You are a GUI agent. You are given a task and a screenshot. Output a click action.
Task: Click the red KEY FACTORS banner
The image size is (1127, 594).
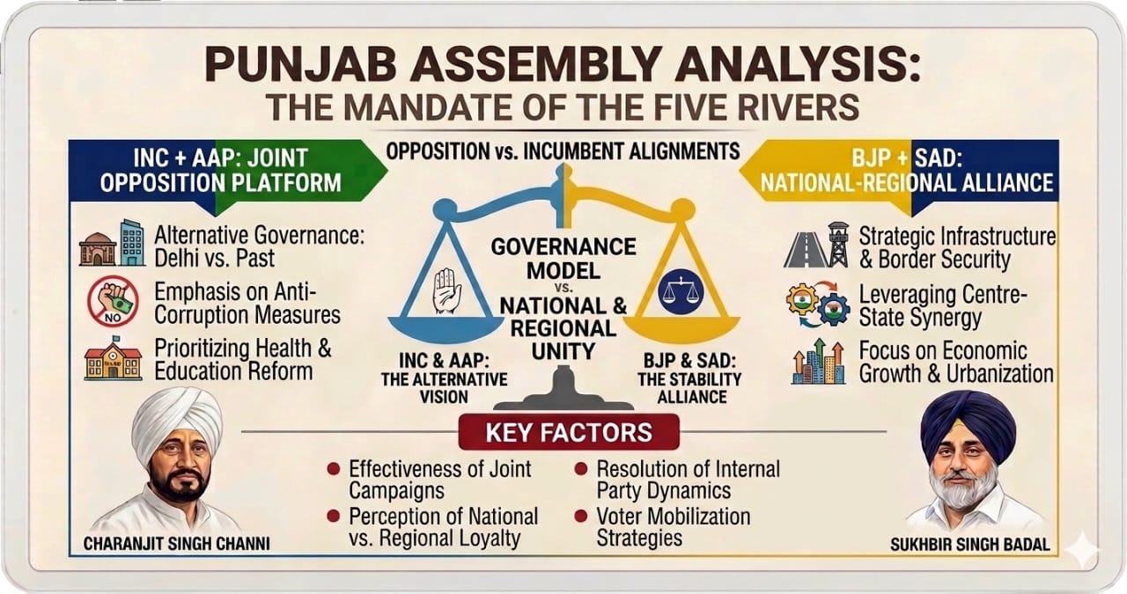569,432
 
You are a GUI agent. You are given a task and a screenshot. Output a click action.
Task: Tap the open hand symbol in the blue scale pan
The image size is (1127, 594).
446,290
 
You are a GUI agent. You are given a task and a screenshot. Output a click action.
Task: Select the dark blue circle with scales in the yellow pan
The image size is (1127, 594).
681,292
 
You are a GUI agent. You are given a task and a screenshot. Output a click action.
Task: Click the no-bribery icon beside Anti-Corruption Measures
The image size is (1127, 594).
113,301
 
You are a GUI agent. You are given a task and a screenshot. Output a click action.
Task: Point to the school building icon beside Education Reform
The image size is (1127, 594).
114,357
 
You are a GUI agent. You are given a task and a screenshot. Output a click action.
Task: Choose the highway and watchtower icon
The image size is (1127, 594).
816,245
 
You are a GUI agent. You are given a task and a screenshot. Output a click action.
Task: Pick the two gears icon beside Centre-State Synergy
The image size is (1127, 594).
818,304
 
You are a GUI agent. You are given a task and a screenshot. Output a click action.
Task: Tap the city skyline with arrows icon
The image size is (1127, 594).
818,362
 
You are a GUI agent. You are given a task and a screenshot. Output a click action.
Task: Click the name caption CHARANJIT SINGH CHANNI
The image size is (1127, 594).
176,543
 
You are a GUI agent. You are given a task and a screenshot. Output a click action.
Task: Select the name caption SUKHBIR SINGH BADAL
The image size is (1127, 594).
970,544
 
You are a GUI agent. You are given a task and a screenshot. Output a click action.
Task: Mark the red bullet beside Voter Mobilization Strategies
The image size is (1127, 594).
581,516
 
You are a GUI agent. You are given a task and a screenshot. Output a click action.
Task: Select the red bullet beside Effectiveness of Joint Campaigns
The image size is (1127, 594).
333,469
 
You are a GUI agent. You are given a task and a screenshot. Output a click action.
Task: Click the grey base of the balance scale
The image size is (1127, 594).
563,390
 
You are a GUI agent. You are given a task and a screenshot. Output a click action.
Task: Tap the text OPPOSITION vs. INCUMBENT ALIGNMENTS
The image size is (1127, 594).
563,150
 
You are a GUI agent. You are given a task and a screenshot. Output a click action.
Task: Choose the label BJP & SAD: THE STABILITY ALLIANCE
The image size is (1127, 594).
689,378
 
